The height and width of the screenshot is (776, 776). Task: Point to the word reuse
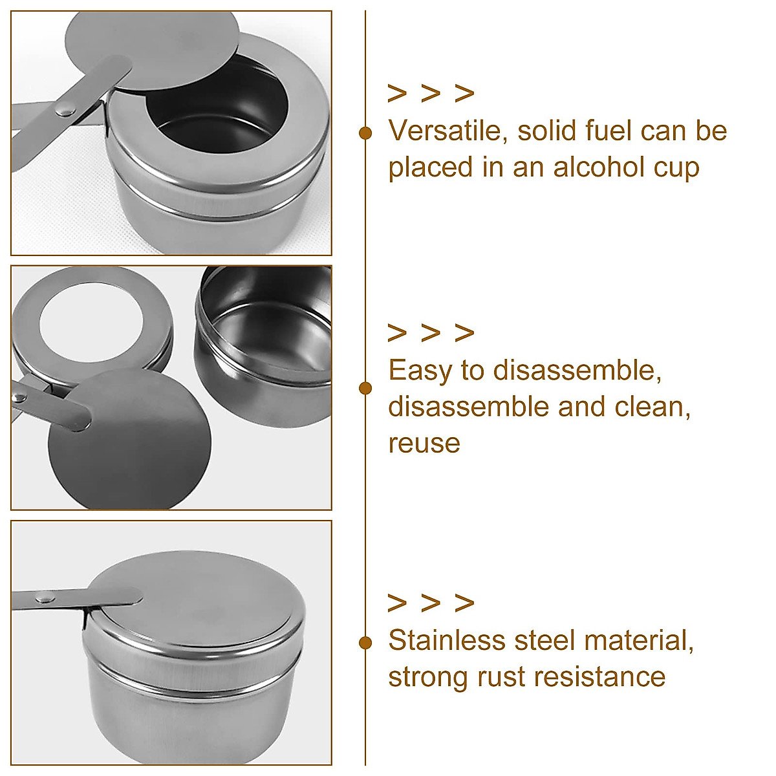[424, 444]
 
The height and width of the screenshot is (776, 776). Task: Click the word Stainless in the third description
[447, 641]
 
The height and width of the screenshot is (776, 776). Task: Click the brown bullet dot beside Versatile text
[365, 133]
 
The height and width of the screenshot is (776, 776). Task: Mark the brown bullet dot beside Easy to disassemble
[365, 388]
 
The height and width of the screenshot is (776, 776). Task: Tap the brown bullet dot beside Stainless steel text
[365, 643]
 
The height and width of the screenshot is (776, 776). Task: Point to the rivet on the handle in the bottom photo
[45, 598]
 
